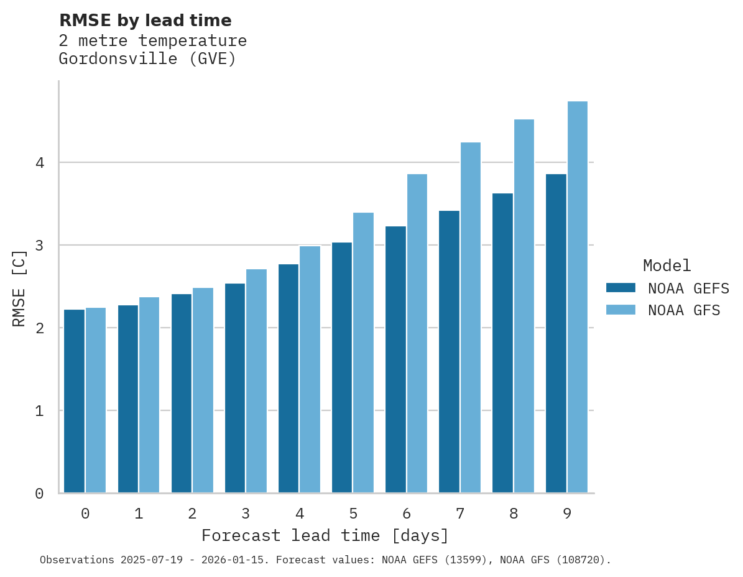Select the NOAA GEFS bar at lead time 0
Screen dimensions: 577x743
pos(74,401)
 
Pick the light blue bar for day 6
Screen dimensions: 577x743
pos(417,333)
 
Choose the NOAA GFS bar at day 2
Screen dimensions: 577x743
pos(203,390)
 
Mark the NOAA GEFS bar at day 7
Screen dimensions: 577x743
pos(449,351)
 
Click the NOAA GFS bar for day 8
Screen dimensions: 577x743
pos(524,306)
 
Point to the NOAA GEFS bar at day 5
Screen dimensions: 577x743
pos(342,367)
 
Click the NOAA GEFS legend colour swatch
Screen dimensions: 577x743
pos(621,287)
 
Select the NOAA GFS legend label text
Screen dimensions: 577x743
pos(684,310)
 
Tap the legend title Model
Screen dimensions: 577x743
pos(667,265)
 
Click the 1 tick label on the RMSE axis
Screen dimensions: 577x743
pos(39,411)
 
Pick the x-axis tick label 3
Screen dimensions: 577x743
pos(246,514)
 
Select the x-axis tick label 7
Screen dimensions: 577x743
pos(459,514)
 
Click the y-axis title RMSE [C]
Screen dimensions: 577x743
pos(19,288)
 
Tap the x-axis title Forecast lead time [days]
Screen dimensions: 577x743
pos(325,535)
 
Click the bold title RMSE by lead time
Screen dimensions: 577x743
pos(145,21)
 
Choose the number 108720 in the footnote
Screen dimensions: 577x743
pos(579,560)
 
